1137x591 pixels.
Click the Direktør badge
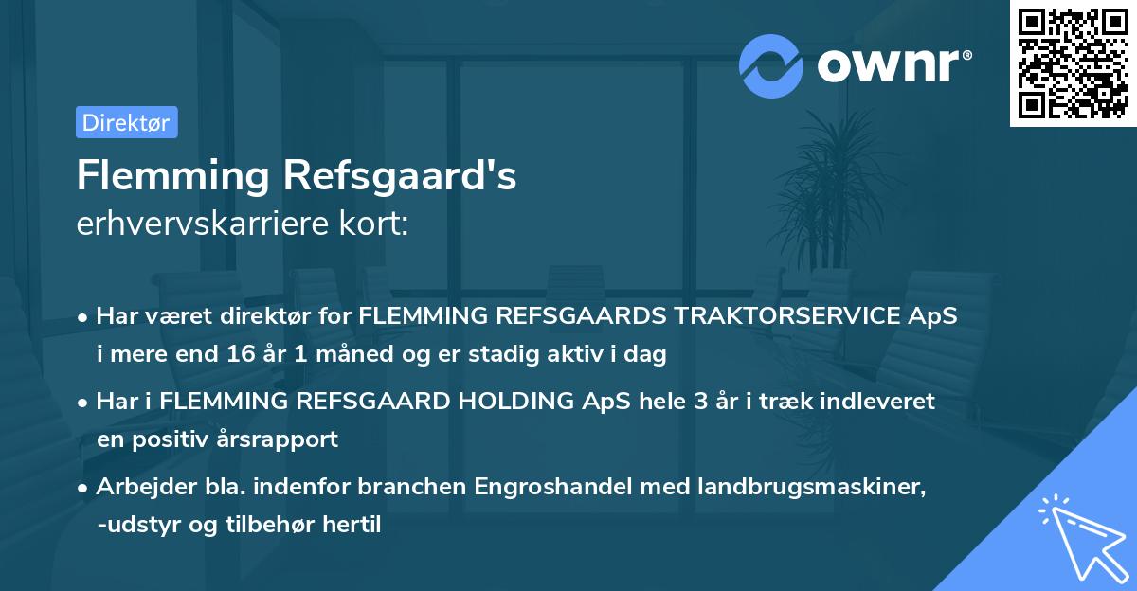tap(126, 122)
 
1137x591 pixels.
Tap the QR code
tap(1072, 64)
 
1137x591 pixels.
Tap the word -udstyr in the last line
tap(135, 525)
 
